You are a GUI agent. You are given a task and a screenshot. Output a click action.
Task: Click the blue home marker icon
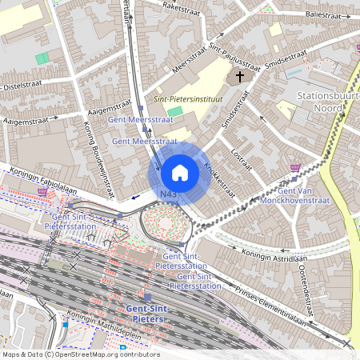[x=179, y=172]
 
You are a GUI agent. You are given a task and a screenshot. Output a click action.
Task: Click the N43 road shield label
[x=168, y=194]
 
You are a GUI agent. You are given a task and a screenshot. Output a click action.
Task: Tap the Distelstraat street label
[x=22, y=83]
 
